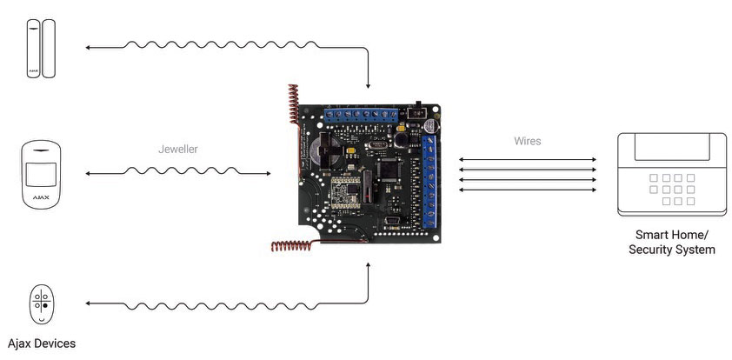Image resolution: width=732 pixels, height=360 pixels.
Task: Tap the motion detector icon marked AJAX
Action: coord(40,174)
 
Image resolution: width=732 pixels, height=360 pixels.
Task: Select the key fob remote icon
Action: coord(40,303)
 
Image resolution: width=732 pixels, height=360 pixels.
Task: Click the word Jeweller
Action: coord(178,149)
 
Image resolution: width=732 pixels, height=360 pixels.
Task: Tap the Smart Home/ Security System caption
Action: coord(671,243)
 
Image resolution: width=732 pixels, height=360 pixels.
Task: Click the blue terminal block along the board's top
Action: coord(360,114)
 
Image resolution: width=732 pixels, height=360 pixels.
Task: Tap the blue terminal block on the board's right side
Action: coord(432,178)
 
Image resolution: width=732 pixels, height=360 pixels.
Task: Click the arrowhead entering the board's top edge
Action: coord(369,86)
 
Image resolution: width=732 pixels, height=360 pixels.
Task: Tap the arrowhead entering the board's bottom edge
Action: coord(369,263)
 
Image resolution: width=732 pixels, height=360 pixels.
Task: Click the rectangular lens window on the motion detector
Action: coord(40,171)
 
